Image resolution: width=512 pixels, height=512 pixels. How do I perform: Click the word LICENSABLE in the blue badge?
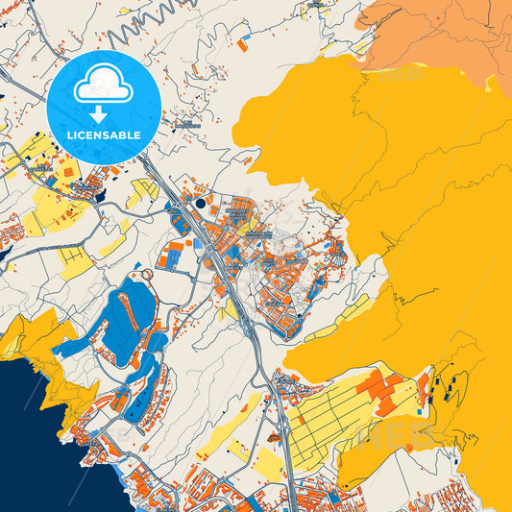point(103,135)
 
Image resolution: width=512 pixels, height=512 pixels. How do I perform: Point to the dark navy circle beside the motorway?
point(200,203)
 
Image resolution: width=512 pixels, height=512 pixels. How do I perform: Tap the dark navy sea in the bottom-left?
point(24,442)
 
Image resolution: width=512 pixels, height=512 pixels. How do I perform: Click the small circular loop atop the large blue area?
point(147,276)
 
